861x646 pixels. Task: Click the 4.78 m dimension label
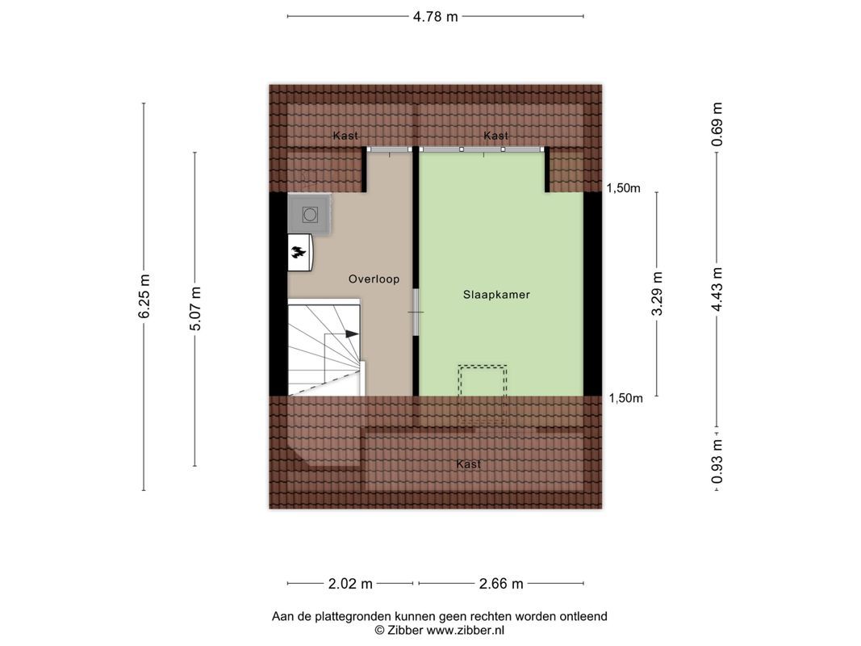[435, 16]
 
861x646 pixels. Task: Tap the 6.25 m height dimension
[144, 296]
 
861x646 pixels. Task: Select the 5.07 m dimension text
[194, 308]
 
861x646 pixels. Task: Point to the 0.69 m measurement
[717, 125]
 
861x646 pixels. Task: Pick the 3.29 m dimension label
[657, 294]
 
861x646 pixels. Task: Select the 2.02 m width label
[351, 584]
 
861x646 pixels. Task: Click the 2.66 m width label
[501, 584]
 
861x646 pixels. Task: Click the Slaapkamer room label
[496, 295]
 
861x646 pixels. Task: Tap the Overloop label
[374, 279]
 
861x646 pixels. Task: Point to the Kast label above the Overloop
[345, 136]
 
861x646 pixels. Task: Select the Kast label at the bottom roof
[468, 464]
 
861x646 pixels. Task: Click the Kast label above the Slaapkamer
[495, 136]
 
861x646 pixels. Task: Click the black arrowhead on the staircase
[351, 333]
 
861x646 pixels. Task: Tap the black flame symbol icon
[299, 253]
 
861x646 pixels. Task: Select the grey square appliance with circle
[309, 215]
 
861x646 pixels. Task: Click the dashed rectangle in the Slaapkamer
[483, 380]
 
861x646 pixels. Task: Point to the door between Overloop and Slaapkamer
[415, 313]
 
